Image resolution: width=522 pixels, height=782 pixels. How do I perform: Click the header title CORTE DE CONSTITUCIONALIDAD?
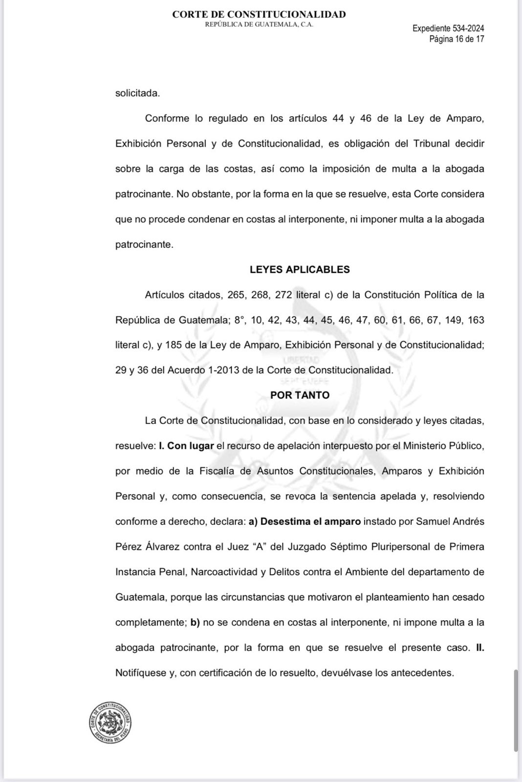click(259, 15)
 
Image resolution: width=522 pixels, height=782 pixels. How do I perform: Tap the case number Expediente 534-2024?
click(448, 28)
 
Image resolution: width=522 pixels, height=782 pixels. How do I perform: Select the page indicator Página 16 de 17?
click(457, 39)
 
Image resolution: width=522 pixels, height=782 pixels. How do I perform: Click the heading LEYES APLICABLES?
click(300, 269)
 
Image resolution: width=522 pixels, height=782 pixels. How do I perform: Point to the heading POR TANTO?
click(300, 395)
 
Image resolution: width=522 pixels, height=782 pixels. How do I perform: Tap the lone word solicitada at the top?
click(137, 93)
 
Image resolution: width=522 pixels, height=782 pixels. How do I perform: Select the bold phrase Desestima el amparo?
click(310, 521)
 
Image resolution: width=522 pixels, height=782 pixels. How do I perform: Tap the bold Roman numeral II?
click(479, 648)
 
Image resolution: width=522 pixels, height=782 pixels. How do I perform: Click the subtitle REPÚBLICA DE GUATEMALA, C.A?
click(259, 24)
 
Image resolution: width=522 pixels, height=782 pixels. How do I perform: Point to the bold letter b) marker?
click(195, 622)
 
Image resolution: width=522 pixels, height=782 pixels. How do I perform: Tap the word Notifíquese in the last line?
click(141, 673)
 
